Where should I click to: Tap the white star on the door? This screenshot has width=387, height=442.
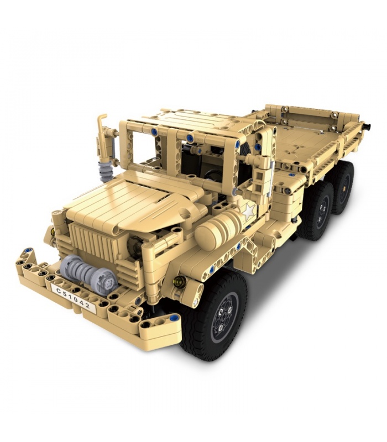tap(249, 212)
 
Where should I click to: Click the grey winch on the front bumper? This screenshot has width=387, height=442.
tap(88, 273)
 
